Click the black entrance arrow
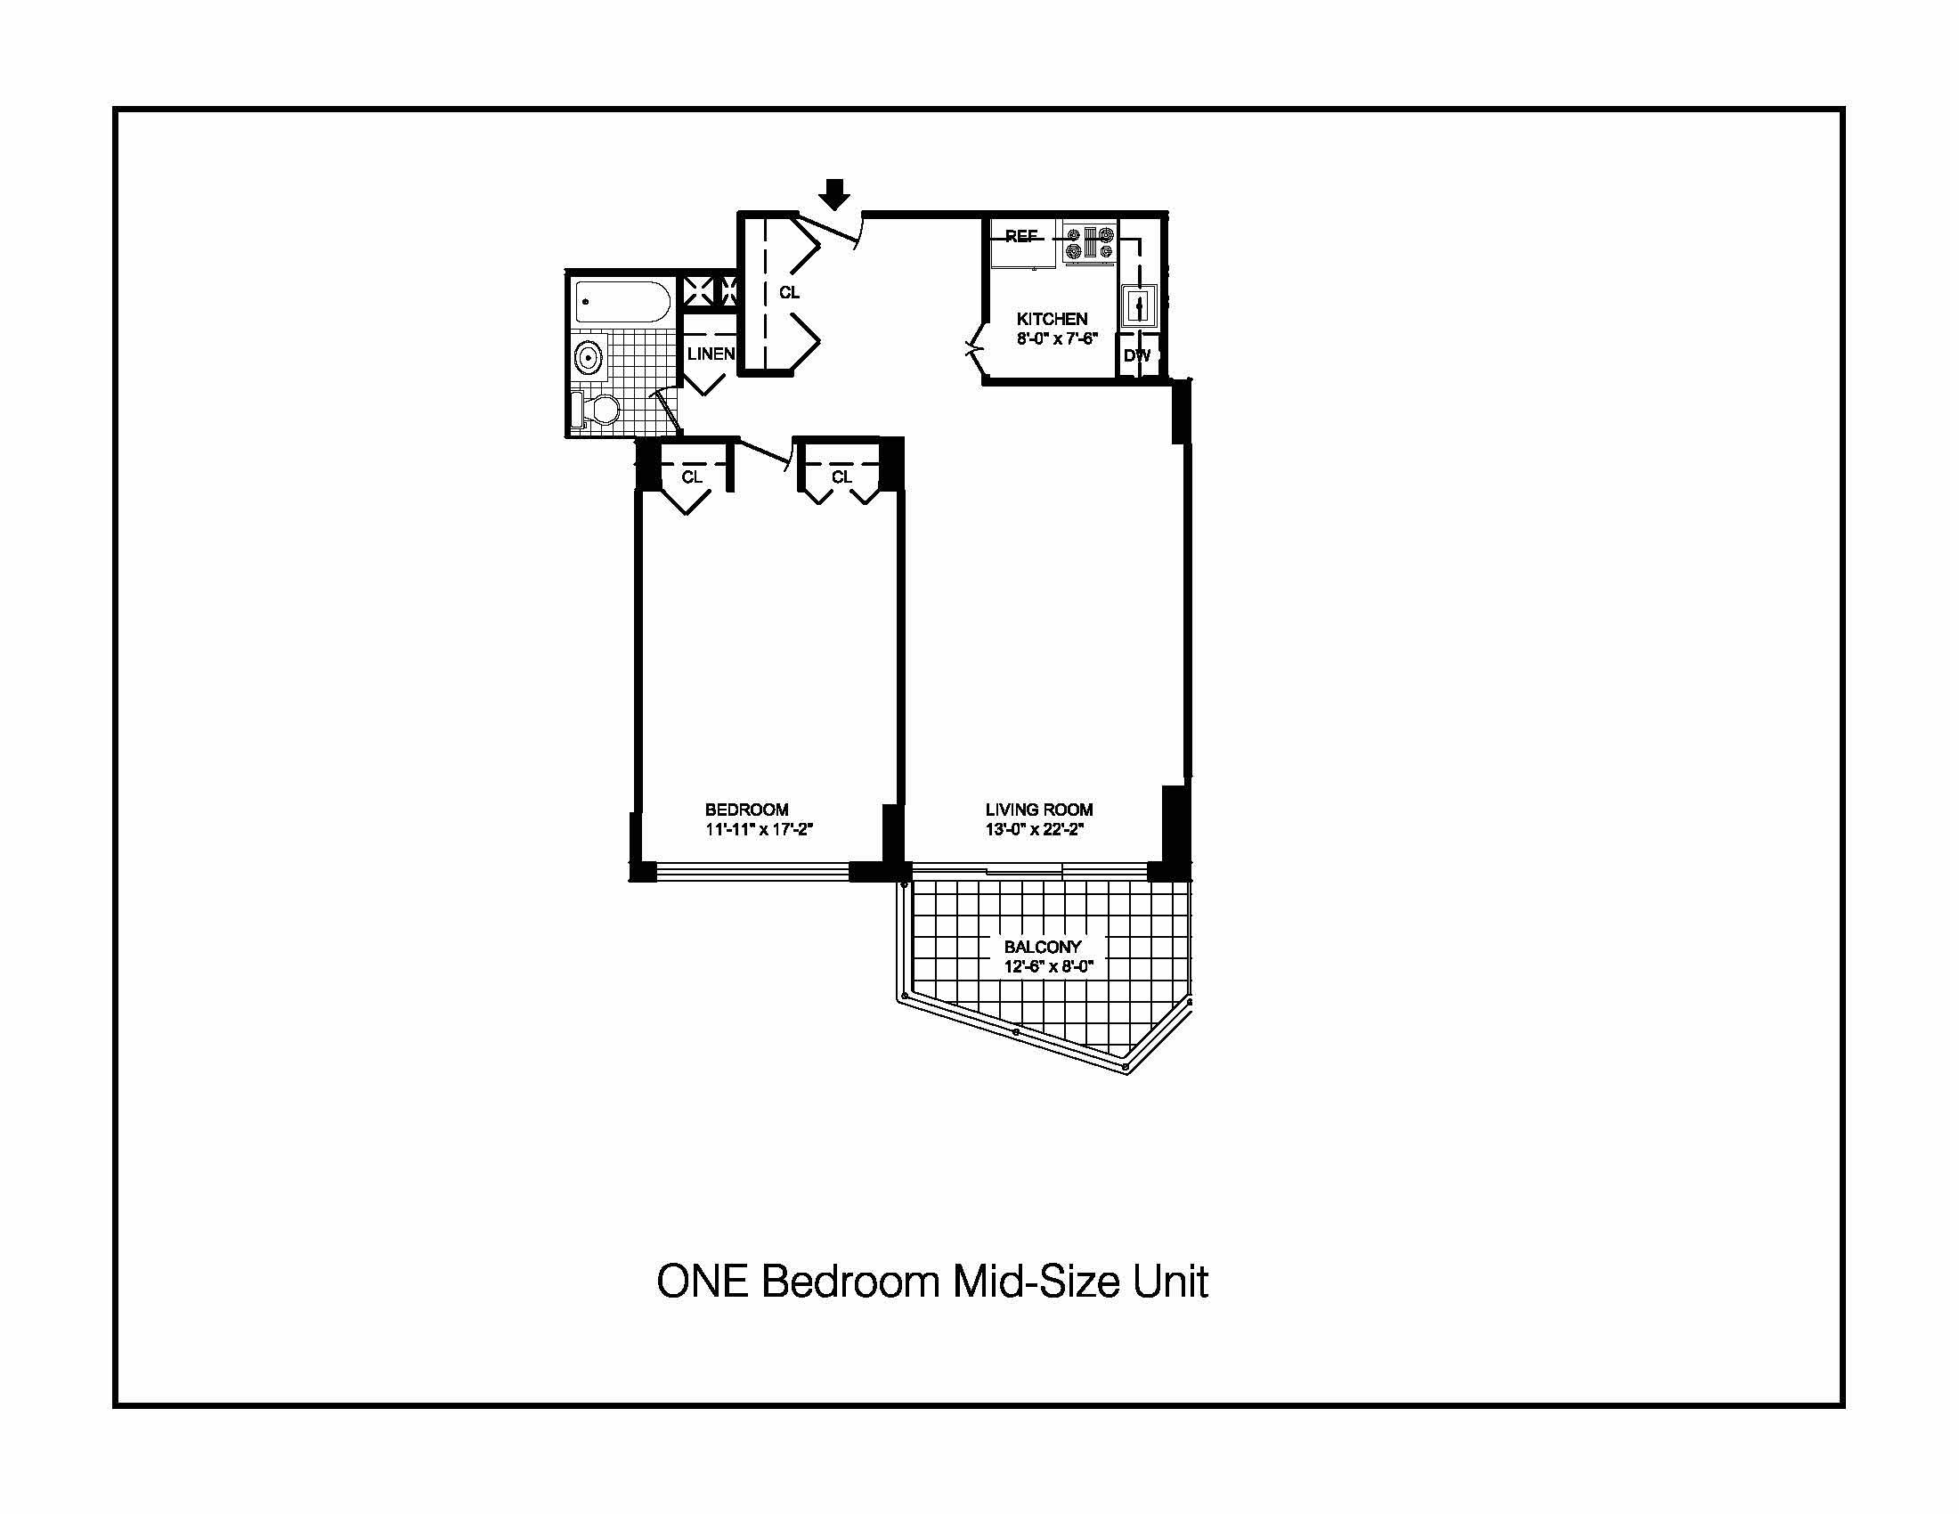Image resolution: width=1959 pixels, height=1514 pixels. pos(835,194)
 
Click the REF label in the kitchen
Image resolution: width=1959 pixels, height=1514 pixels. pos(1020,236)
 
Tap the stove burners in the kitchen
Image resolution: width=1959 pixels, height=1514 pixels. pos(1089,242)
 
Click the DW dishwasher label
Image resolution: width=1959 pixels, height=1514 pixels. pos(1136,356)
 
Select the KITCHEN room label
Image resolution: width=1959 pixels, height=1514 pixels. pos(1052,319)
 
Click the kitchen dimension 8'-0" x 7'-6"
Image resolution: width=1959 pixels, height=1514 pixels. pos(1057,339)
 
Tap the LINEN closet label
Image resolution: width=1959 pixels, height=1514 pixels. pos(711,354)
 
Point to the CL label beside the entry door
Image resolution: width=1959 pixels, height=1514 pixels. pos(789,292)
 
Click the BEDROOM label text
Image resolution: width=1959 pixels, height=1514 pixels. pos(746,810)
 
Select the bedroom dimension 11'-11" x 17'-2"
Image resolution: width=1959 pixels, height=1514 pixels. pos(758,830)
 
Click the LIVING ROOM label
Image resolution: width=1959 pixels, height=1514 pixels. pos(1038,810)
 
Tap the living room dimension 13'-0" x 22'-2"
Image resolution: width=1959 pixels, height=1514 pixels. pos(1034,830)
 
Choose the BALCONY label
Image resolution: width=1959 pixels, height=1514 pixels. pos(1043,946)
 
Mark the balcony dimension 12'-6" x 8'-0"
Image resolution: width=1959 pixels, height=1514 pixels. pos(1049,966)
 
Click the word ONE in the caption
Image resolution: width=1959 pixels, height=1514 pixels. pos(703,1282)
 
